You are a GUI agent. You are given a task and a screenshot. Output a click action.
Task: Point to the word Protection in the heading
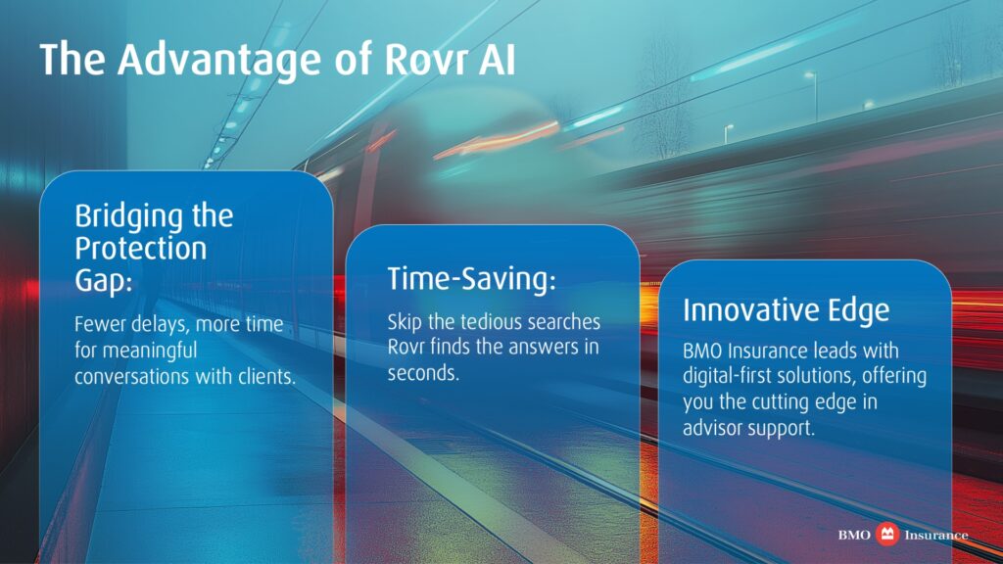click(141, 248)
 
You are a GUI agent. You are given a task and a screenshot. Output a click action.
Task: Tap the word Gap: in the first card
click(103, 281)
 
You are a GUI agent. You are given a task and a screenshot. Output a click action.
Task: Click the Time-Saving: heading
click(471, 279)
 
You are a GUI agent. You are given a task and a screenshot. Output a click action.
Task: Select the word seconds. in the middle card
click(423, 373)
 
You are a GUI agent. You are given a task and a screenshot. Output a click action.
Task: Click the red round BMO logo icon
click(887, 534)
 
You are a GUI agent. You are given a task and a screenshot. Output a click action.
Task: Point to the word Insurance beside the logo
click(935, 536)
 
